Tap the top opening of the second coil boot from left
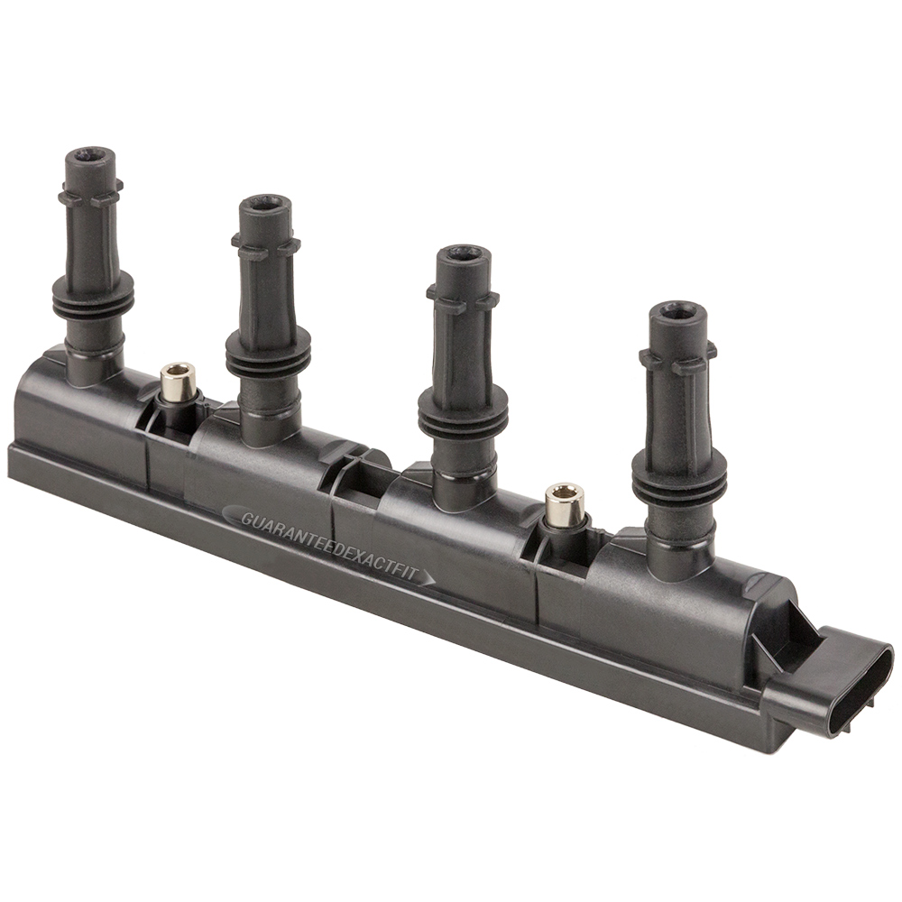click(x=265, y=204)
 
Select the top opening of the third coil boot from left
click(x=463, y=255)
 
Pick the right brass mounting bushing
click(x=565, y=503)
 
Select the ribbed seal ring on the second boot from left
click(x=268, y=354)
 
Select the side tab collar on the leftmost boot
click(x=90, y=194)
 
